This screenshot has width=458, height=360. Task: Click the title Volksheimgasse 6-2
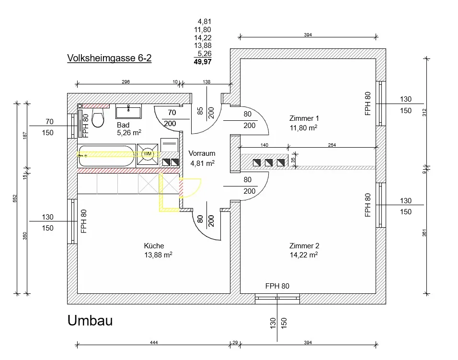(109, 58)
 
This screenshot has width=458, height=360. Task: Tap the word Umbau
(90, 321)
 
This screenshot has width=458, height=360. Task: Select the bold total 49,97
(203, 62)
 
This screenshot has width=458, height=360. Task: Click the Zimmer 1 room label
(304, 118)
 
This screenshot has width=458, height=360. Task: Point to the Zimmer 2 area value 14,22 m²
(304, 255)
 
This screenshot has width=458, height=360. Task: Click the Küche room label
(154, 246)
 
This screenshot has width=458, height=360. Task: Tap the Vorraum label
(202, 153)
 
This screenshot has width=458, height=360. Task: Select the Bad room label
(123, 125)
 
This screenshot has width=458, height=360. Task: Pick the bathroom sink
(128, 111)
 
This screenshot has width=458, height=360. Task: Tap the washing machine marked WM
(148, 154)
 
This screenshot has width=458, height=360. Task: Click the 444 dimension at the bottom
(154, 342)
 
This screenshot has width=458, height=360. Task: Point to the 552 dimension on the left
(15, 198)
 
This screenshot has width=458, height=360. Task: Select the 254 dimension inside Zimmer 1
(332, 145)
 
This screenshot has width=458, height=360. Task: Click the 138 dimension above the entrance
(206, 82)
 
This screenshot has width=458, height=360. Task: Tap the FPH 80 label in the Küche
(84, 221)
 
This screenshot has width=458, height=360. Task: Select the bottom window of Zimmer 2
(277, 298)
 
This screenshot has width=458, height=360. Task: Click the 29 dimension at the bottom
(235, 342)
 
